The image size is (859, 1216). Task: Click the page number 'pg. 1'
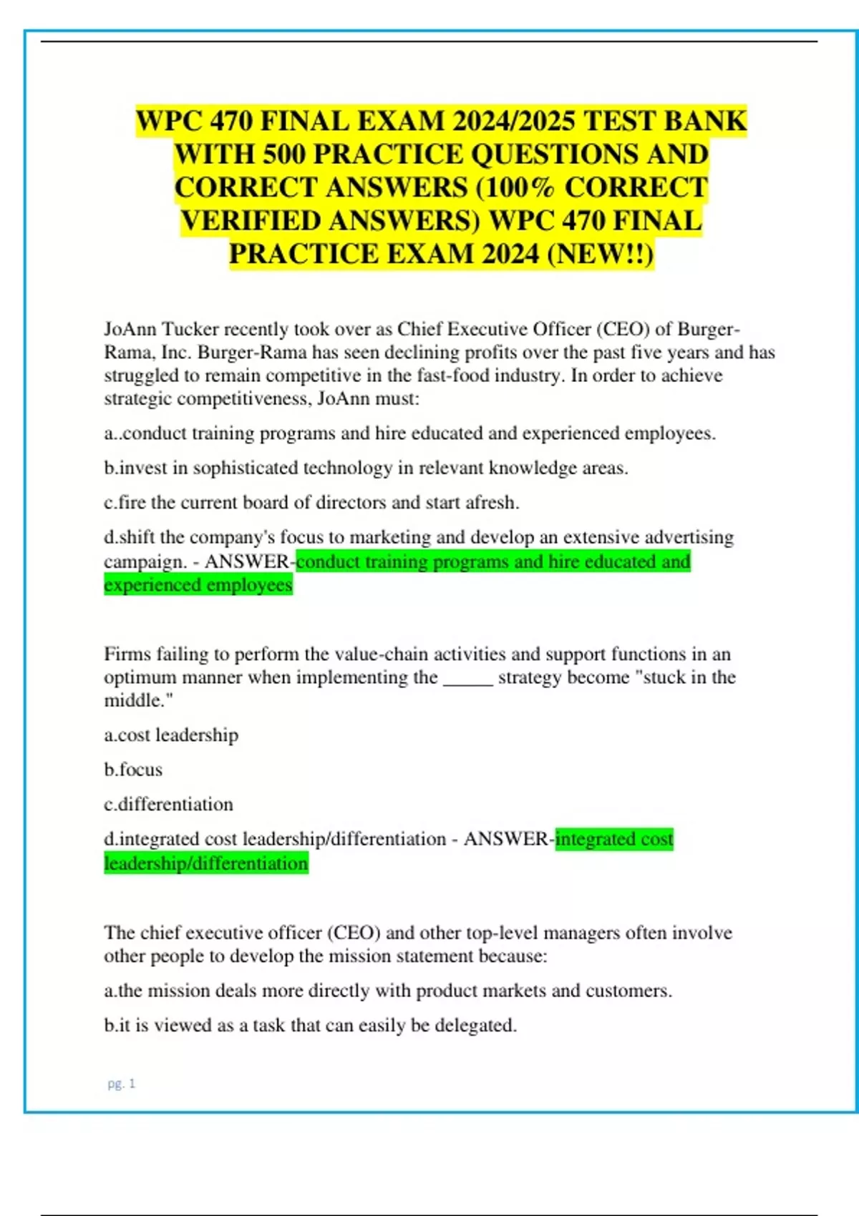coord(121,1084)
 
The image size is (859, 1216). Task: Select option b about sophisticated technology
coord(366,468)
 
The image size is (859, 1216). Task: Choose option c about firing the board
coord(311,502)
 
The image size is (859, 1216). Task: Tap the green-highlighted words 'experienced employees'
coord(198,585)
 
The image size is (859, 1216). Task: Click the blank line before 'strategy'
coord(468,677)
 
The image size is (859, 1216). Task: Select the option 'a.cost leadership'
coord(171,735)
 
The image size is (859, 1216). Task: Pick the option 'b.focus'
coord(133,770)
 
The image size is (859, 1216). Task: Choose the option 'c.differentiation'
coord(168,804)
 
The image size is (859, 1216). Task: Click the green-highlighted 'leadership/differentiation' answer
coord(206,863)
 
